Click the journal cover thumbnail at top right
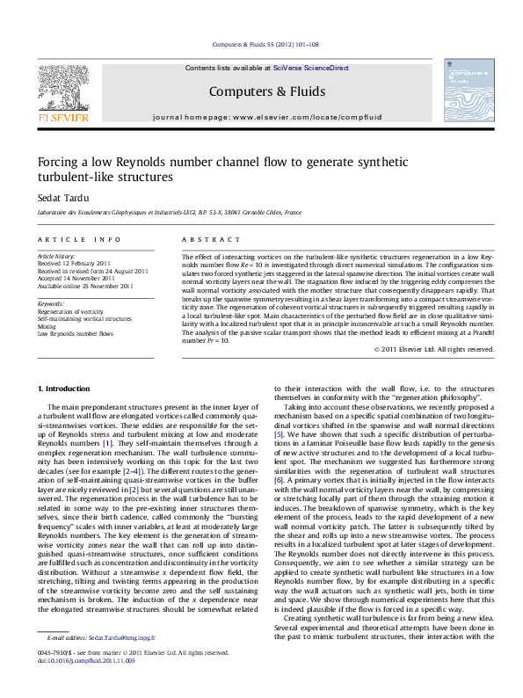(462, 91)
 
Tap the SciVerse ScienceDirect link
(310, 68)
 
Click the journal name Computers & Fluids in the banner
(266, 91)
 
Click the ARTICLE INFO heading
(79, 239)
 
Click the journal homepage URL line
(266, 117)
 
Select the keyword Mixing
(46, 326)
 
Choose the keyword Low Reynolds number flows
(75, 334)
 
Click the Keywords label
(51, 303)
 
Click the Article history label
(57, 255)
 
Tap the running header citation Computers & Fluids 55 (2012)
(266, 44)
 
